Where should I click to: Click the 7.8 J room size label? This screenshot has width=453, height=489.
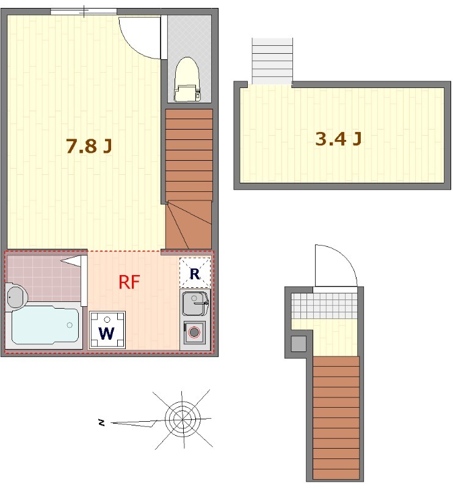(89, 146)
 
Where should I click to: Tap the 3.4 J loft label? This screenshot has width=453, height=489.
(338, 139)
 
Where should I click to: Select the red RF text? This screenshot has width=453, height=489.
(129, 282)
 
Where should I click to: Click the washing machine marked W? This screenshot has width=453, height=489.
(107, 330)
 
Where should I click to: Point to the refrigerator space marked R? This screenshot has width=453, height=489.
(195, 273)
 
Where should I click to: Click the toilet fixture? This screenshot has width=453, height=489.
(187, 79)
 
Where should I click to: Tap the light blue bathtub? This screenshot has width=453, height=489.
(46, 326)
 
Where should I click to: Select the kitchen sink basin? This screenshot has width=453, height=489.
(195, 303)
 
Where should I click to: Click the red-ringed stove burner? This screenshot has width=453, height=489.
(194, 332)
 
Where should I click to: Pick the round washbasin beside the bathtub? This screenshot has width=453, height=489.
(16, 297)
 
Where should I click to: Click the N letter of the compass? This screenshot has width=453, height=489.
(101, 423)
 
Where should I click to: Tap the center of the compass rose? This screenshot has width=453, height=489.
(183, 419)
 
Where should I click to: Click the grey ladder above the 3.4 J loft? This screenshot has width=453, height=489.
(272, 61)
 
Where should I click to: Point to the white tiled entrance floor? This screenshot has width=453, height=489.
(324, 306)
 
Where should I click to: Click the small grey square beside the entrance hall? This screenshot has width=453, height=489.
(299, 344)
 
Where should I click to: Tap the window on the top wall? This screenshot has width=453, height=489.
(84, 12)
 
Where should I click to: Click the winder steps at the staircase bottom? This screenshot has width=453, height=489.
(189, 224)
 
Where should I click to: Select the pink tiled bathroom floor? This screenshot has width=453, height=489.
(43, 278)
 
